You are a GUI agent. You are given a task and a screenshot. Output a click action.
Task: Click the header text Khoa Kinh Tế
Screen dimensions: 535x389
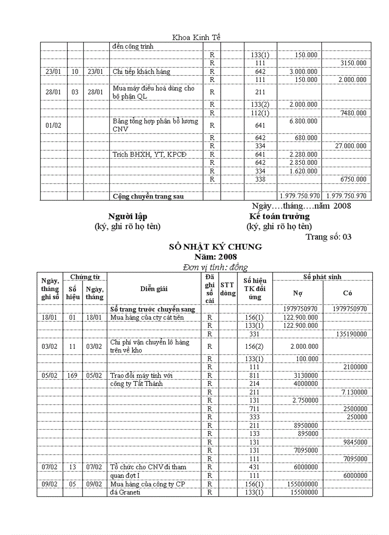196,37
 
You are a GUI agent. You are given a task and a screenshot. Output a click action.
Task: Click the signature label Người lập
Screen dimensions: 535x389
128,217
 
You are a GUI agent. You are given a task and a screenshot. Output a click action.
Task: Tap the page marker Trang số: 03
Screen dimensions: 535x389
328,236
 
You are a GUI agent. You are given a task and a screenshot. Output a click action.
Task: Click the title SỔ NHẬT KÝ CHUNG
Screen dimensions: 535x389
215,247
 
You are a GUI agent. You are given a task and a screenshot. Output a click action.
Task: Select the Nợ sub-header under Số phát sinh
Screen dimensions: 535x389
297,293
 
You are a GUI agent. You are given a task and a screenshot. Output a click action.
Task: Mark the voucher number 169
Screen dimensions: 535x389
72,375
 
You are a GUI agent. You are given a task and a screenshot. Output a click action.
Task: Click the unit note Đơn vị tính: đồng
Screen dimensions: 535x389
215,267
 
